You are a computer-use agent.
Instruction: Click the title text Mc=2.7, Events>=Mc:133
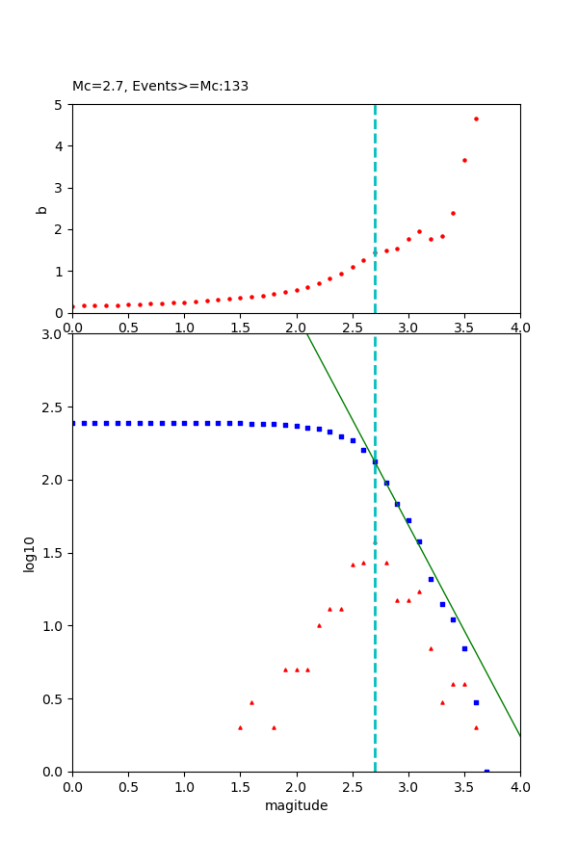160,87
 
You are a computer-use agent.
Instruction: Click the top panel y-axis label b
41,209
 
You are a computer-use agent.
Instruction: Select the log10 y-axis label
30,554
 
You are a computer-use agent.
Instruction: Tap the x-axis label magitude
296,806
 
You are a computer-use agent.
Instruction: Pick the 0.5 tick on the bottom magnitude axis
128,787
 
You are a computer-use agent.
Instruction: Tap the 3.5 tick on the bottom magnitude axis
464,787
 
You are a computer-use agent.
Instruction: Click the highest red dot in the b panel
476,118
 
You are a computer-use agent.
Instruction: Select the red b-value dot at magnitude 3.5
464,160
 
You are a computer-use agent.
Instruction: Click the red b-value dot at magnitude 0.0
72,306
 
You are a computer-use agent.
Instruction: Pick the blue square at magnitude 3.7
486,771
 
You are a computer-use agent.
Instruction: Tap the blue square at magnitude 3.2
431,579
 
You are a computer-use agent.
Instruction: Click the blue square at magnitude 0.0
72,423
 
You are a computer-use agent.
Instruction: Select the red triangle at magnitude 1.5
240,727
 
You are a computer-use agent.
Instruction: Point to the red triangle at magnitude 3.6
476,727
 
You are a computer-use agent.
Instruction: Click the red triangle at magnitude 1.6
251,702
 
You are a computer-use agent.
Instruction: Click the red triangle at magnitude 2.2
319,625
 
